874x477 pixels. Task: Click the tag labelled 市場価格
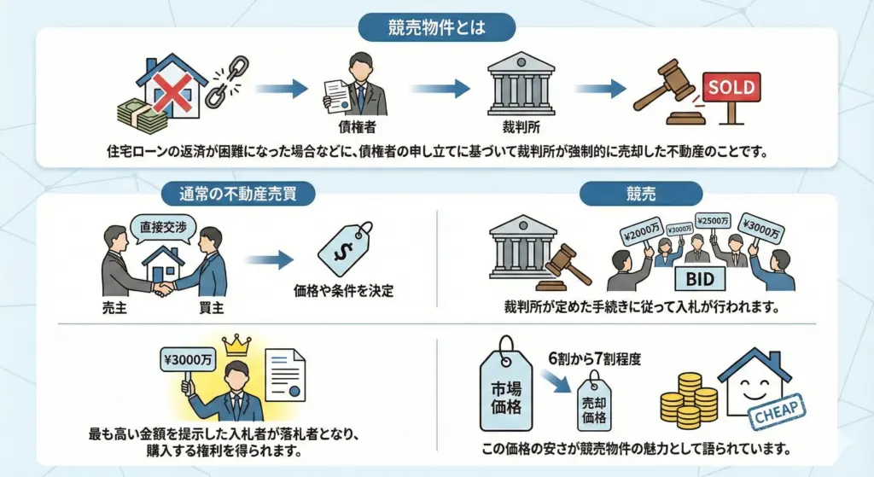[x=501, y=391]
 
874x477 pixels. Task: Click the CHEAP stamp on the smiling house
[x=777, y=410]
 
